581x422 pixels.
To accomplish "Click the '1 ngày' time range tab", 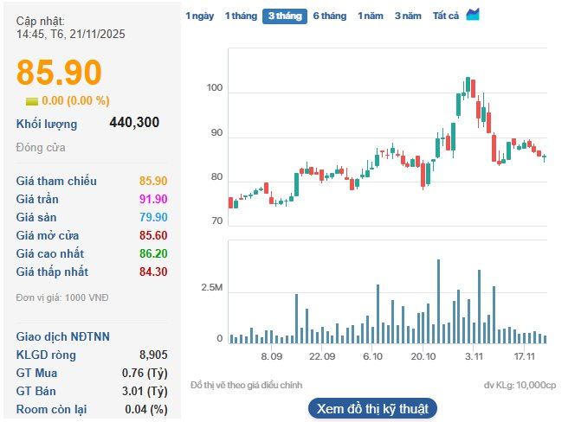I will click(x=199, y=16).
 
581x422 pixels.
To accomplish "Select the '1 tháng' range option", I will click(x=240, y=16).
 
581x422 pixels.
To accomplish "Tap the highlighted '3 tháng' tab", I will click(x=284, y=16).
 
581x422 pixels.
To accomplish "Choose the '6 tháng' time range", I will click(x=329, y=16).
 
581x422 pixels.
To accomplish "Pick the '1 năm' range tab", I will click(x=371, y=16).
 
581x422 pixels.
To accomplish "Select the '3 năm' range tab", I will click(x=408, y=16).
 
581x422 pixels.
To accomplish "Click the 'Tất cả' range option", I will click(x=445, y=16).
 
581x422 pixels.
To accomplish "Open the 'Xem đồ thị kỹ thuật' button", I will click(x=372, y=408).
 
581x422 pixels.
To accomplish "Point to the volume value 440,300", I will click(x=134, y=123).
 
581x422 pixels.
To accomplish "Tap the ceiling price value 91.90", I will click(x=153, y=199).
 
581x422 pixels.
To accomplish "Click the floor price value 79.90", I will click(x=153, y=217).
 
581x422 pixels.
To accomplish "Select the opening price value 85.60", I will click(x=153, y=235).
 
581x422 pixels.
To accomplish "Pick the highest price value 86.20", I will click(x=153, y=253).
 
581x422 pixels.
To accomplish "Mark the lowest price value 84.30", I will click(x=153, y=272).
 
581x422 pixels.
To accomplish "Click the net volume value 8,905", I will click(x=153, y=355).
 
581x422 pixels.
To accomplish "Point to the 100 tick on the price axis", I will click(x=215, y=88).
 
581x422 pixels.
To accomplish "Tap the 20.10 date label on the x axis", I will click(x=423, y=355).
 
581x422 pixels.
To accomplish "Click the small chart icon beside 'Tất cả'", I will click(x=473, y=15).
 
